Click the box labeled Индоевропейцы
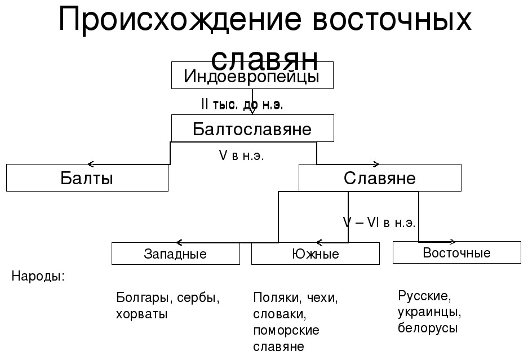coord(252,76)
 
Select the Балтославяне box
coord(252,128)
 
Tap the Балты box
coord(87,178)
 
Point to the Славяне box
coord(379,178)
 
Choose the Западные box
coord(175,254)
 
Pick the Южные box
coord(315,254)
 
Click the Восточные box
coord(456,252)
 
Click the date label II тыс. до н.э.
coord(242,104)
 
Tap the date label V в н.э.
coord(241,155)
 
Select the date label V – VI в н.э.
coord(379,223)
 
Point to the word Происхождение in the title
coord(175,21)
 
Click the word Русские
coord(424,296)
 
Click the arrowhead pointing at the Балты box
coord(91,164)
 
